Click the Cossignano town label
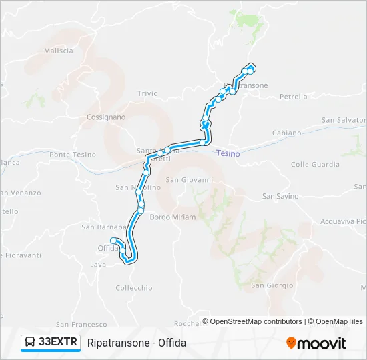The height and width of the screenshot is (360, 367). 106,117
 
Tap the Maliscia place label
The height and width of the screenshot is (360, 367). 58,51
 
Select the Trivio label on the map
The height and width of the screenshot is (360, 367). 147,94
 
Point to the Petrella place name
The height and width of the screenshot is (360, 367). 294,97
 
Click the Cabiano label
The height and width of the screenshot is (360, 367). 287,133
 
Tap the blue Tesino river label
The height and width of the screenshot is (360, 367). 228,153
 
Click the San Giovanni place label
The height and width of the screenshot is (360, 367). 189,179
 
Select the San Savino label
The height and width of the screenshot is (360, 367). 280,196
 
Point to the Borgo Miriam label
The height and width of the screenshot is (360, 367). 173,217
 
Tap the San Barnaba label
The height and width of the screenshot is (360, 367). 99,227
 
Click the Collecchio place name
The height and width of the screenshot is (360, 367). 134,288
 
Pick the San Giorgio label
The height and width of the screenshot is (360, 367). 272,285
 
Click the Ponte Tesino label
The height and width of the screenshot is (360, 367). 73,155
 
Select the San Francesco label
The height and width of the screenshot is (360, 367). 81,324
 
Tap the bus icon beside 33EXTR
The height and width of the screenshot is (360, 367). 31,343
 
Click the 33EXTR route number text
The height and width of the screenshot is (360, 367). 59,343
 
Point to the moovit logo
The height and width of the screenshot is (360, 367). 316,343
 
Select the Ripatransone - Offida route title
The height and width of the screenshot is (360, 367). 137,343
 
